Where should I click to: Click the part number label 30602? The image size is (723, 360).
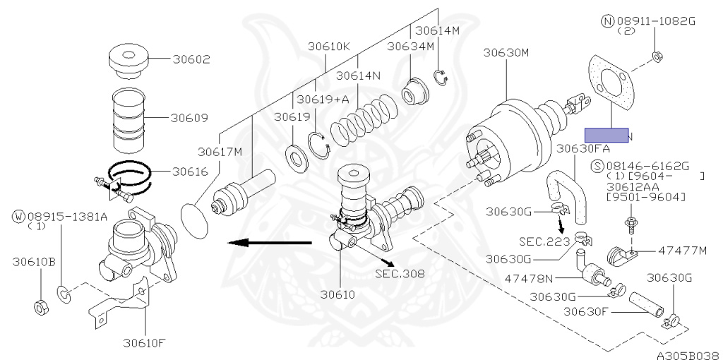click(x=191, y=60)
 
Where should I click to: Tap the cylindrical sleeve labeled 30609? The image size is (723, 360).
click(x=129, y=118)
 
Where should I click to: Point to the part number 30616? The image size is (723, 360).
click(x=191, y=171)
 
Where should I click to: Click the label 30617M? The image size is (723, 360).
click(x=220, y=151)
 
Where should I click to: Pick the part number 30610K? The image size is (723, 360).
click(x=328, y=47)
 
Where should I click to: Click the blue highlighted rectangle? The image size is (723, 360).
click(x=605, y=135)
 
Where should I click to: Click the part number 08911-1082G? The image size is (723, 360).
click(x=657, y=21)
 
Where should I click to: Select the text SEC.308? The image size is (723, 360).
click(x=400, y=273)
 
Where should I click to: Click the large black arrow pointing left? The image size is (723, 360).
click(x=269, y=243)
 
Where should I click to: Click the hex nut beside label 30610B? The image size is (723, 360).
click(x=40, y=307)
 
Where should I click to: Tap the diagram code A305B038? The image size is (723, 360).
click(x=686, y=354)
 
